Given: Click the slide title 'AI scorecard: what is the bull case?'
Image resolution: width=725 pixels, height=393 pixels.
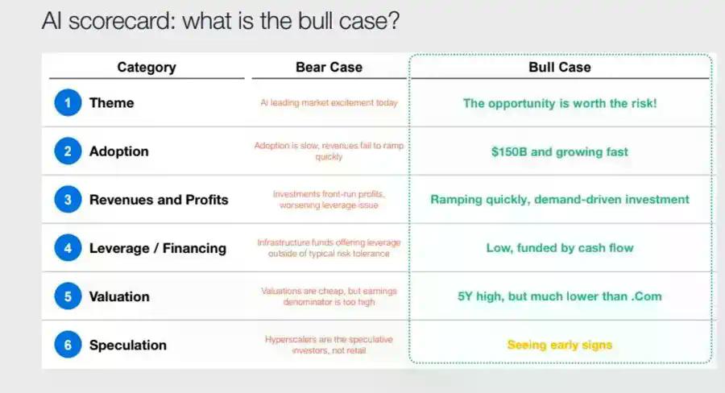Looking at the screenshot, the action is (x=221, y=21).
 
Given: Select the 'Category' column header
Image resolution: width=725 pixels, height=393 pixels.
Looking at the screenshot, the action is (x=147, y=68).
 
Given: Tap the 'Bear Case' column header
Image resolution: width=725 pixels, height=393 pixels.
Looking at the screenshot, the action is (x=329, y=67).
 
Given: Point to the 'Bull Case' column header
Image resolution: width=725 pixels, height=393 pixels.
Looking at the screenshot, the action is (x=560, y=67).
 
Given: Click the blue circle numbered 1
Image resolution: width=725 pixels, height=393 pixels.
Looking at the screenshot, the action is (x=68, y=102).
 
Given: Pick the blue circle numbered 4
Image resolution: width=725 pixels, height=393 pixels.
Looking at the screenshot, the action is (x=68, y=248).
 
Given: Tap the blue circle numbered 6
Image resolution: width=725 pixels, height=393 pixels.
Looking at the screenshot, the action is (x=68, y=345).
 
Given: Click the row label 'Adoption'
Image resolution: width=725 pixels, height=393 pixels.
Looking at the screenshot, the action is (x=119, y=151).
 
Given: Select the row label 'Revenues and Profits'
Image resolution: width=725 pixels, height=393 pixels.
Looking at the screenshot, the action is (x=159, y=200).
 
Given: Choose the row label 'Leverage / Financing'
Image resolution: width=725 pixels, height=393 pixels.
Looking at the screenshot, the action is (x=158, y=248).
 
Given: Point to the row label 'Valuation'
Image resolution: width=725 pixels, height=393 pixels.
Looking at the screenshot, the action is (x=119, y=296).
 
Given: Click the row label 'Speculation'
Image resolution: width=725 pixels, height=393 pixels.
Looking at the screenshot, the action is (x=127, y=345).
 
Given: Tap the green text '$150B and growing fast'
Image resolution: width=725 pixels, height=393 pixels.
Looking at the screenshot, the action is (x=560, y=152).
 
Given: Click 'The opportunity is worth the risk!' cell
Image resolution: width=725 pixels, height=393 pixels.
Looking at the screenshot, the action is (x=560, y=104).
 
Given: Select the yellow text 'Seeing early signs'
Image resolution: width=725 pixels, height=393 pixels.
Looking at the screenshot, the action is (x=560, y=345).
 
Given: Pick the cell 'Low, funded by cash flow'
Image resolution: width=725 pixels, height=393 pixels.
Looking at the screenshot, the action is (x=560, y=248).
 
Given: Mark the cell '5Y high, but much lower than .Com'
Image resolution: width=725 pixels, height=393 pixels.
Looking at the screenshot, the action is (x=560, y=296).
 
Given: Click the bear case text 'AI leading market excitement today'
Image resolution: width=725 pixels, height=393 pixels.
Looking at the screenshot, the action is (x=329, y=102).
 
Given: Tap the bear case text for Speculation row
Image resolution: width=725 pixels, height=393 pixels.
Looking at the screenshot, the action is (x=329, y=345).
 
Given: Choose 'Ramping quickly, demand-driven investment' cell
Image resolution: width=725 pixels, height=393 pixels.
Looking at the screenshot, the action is (x=560, y=200).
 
